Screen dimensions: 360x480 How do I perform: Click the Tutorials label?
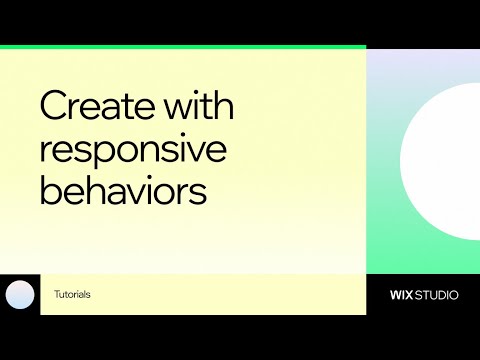[73, 295]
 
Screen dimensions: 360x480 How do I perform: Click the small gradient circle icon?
[20, 295]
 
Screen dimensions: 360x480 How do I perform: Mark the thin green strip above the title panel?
[183, 47]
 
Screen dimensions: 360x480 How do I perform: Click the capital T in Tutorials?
[57, 295]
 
